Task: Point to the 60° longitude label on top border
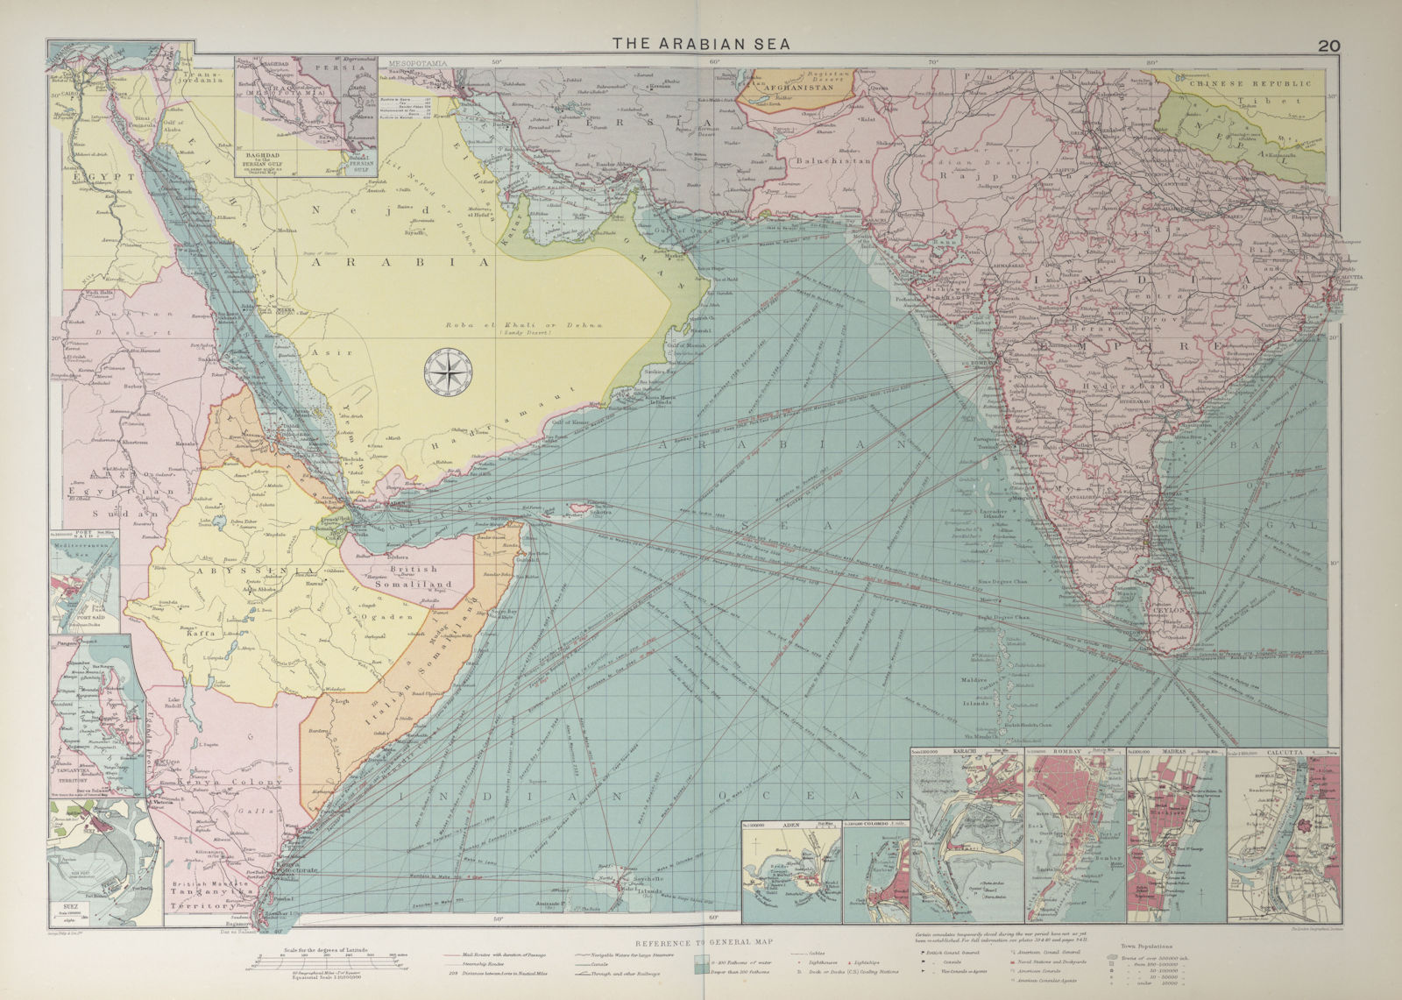[713, 62]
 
